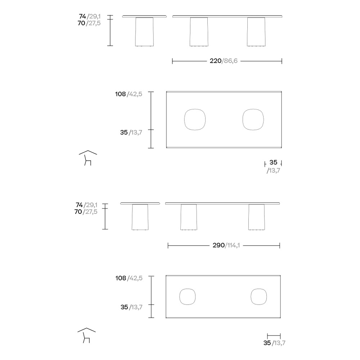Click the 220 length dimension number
pyautogui.click(x=215, y=61)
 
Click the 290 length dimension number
pyautogui.click(x=219, y=245)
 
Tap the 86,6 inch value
pyautogui.click(x=230, y=61)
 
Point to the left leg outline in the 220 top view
pyautogui.click(x=184, y=120)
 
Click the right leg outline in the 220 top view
pyautogui.click(x=243, y=120)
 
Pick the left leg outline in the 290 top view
pyautogui.click(x=180, y=297)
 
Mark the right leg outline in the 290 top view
pyautogui.click(x=251, y=297)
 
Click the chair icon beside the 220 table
pyautogui.click(x=88, y=158)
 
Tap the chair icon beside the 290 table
pyautogui.click(x=86, y=336)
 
